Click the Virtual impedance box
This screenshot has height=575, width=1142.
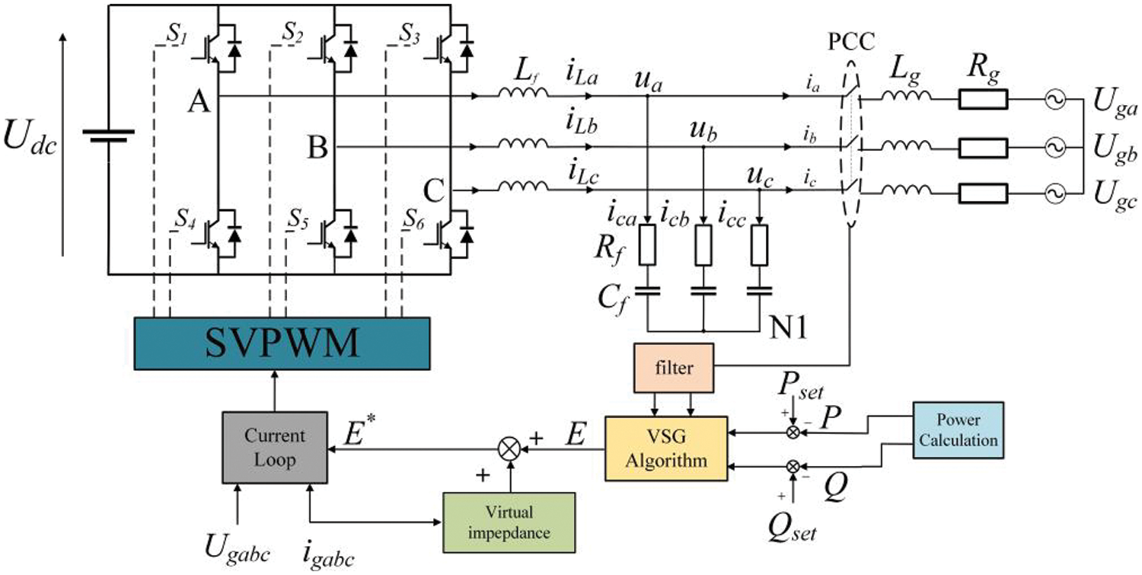[x=509, y=523]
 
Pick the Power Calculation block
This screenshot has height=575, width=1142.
[x=959, y=430]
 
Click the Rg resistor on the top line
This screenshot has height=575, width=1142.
[x=984, y=99]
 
